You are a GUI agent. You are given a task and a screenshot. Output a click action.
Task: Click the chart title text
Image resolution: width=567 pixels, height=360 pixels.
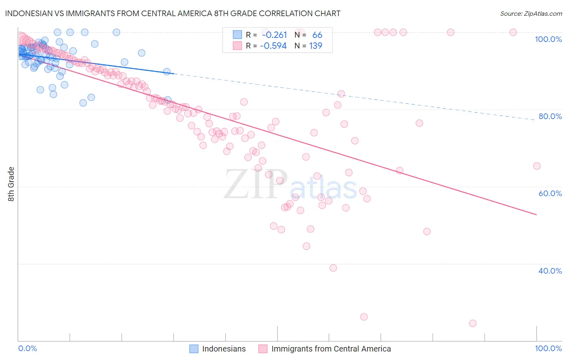[x=173, y=13]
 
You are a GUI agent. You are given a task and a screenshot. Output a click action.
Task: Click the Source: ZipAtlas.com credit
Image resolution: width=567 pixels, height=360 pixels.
[x=531, y=13]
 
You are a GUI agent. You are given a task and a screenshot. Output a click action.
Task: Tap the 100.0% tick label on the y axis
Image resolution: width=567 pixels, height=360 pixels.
[x=548, y=39]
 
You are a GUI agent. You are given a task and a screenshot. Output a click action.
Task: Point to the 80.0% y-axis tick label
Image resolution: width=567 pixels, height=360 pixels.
[x=550, y=116]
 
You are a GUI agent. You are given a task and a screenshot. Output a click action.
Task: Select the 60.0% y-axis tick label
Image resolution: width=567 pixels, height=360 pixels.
[x=550, y=193]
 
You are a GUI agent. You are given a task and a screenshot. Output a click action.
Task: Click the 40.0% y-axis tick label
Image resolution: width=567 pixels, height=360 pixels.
[x=550, y=271]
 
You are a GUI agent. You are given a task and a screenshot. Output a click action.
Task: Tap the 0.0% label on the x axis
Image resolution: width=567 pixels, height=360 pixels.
[x=27, y=348]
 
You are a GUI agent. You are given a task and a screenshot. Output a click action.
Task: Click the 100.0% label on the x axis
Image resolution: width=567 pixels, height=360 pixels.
[x=548, y=348]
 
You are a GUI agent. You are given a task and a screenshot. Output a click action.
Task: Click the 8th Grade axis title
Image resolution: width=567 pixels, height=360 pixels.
[x=11, y=184]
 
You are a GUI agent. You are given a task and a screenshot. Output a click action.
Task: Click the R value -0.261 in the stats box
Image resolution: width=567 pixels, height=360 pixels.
[x=274, y=35]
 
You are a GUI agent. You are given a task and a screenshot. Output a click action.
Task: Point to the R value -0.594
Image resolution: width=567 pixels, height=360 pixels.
[x=273, y=46]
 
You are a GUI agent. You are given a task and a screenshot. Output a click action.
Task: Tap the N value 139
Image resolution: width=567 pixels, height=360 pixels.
[x=315, y=46]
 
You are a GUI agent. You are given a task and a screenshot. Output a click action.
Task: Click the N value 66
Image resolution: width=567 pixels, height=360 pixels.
[x=317, y=35]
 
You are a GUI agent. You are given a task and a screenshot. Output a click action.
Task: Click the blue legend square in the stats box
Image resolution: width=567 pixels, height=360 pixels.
[x=237, y=35]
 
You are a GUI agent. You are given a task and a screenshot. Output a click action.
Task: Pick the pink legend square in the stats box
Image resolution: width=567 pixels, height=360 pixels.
[x=237, y=46]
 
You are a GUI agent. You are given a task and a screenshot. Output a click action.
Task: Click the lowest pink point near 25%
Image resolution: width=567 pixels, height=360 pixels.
[x=473, y=323]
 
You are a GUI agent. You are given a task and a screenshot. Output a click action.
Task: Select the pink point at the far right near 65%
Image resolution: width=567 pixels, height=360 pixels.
[x=536, y=166]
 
